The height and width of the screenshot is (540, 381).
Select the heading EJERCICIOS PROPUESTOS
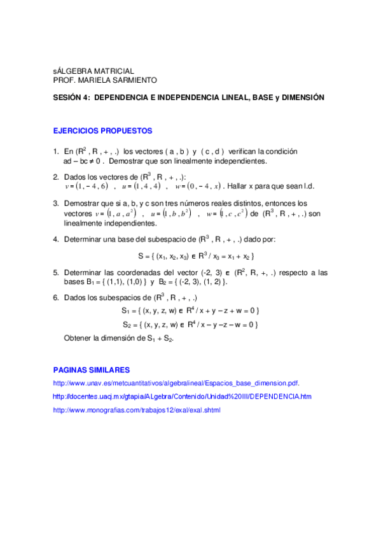[102, 131]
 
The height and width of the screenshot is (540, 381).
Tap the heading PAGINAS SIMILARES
[92, 370]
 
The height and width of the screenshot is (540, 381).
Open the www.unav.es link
[176, 383]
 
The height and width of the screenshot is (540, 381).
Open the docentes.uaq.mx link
[182, 397]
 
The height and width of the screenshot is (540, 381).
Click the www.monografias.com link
[136, 410]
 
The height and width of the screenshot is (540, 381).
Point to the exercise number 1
[55, 152]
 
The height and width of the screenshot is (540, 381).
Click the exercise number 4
[55, 239]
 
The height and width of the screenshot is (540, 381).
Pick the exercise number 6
[55, 297]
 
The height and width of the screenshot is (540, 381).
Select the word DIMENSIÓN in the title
[303, 98]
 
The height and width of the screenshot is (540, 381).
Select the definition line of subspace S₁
[190, 311]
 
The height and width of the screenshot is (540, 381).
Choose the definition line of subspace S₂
[190, 325]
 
